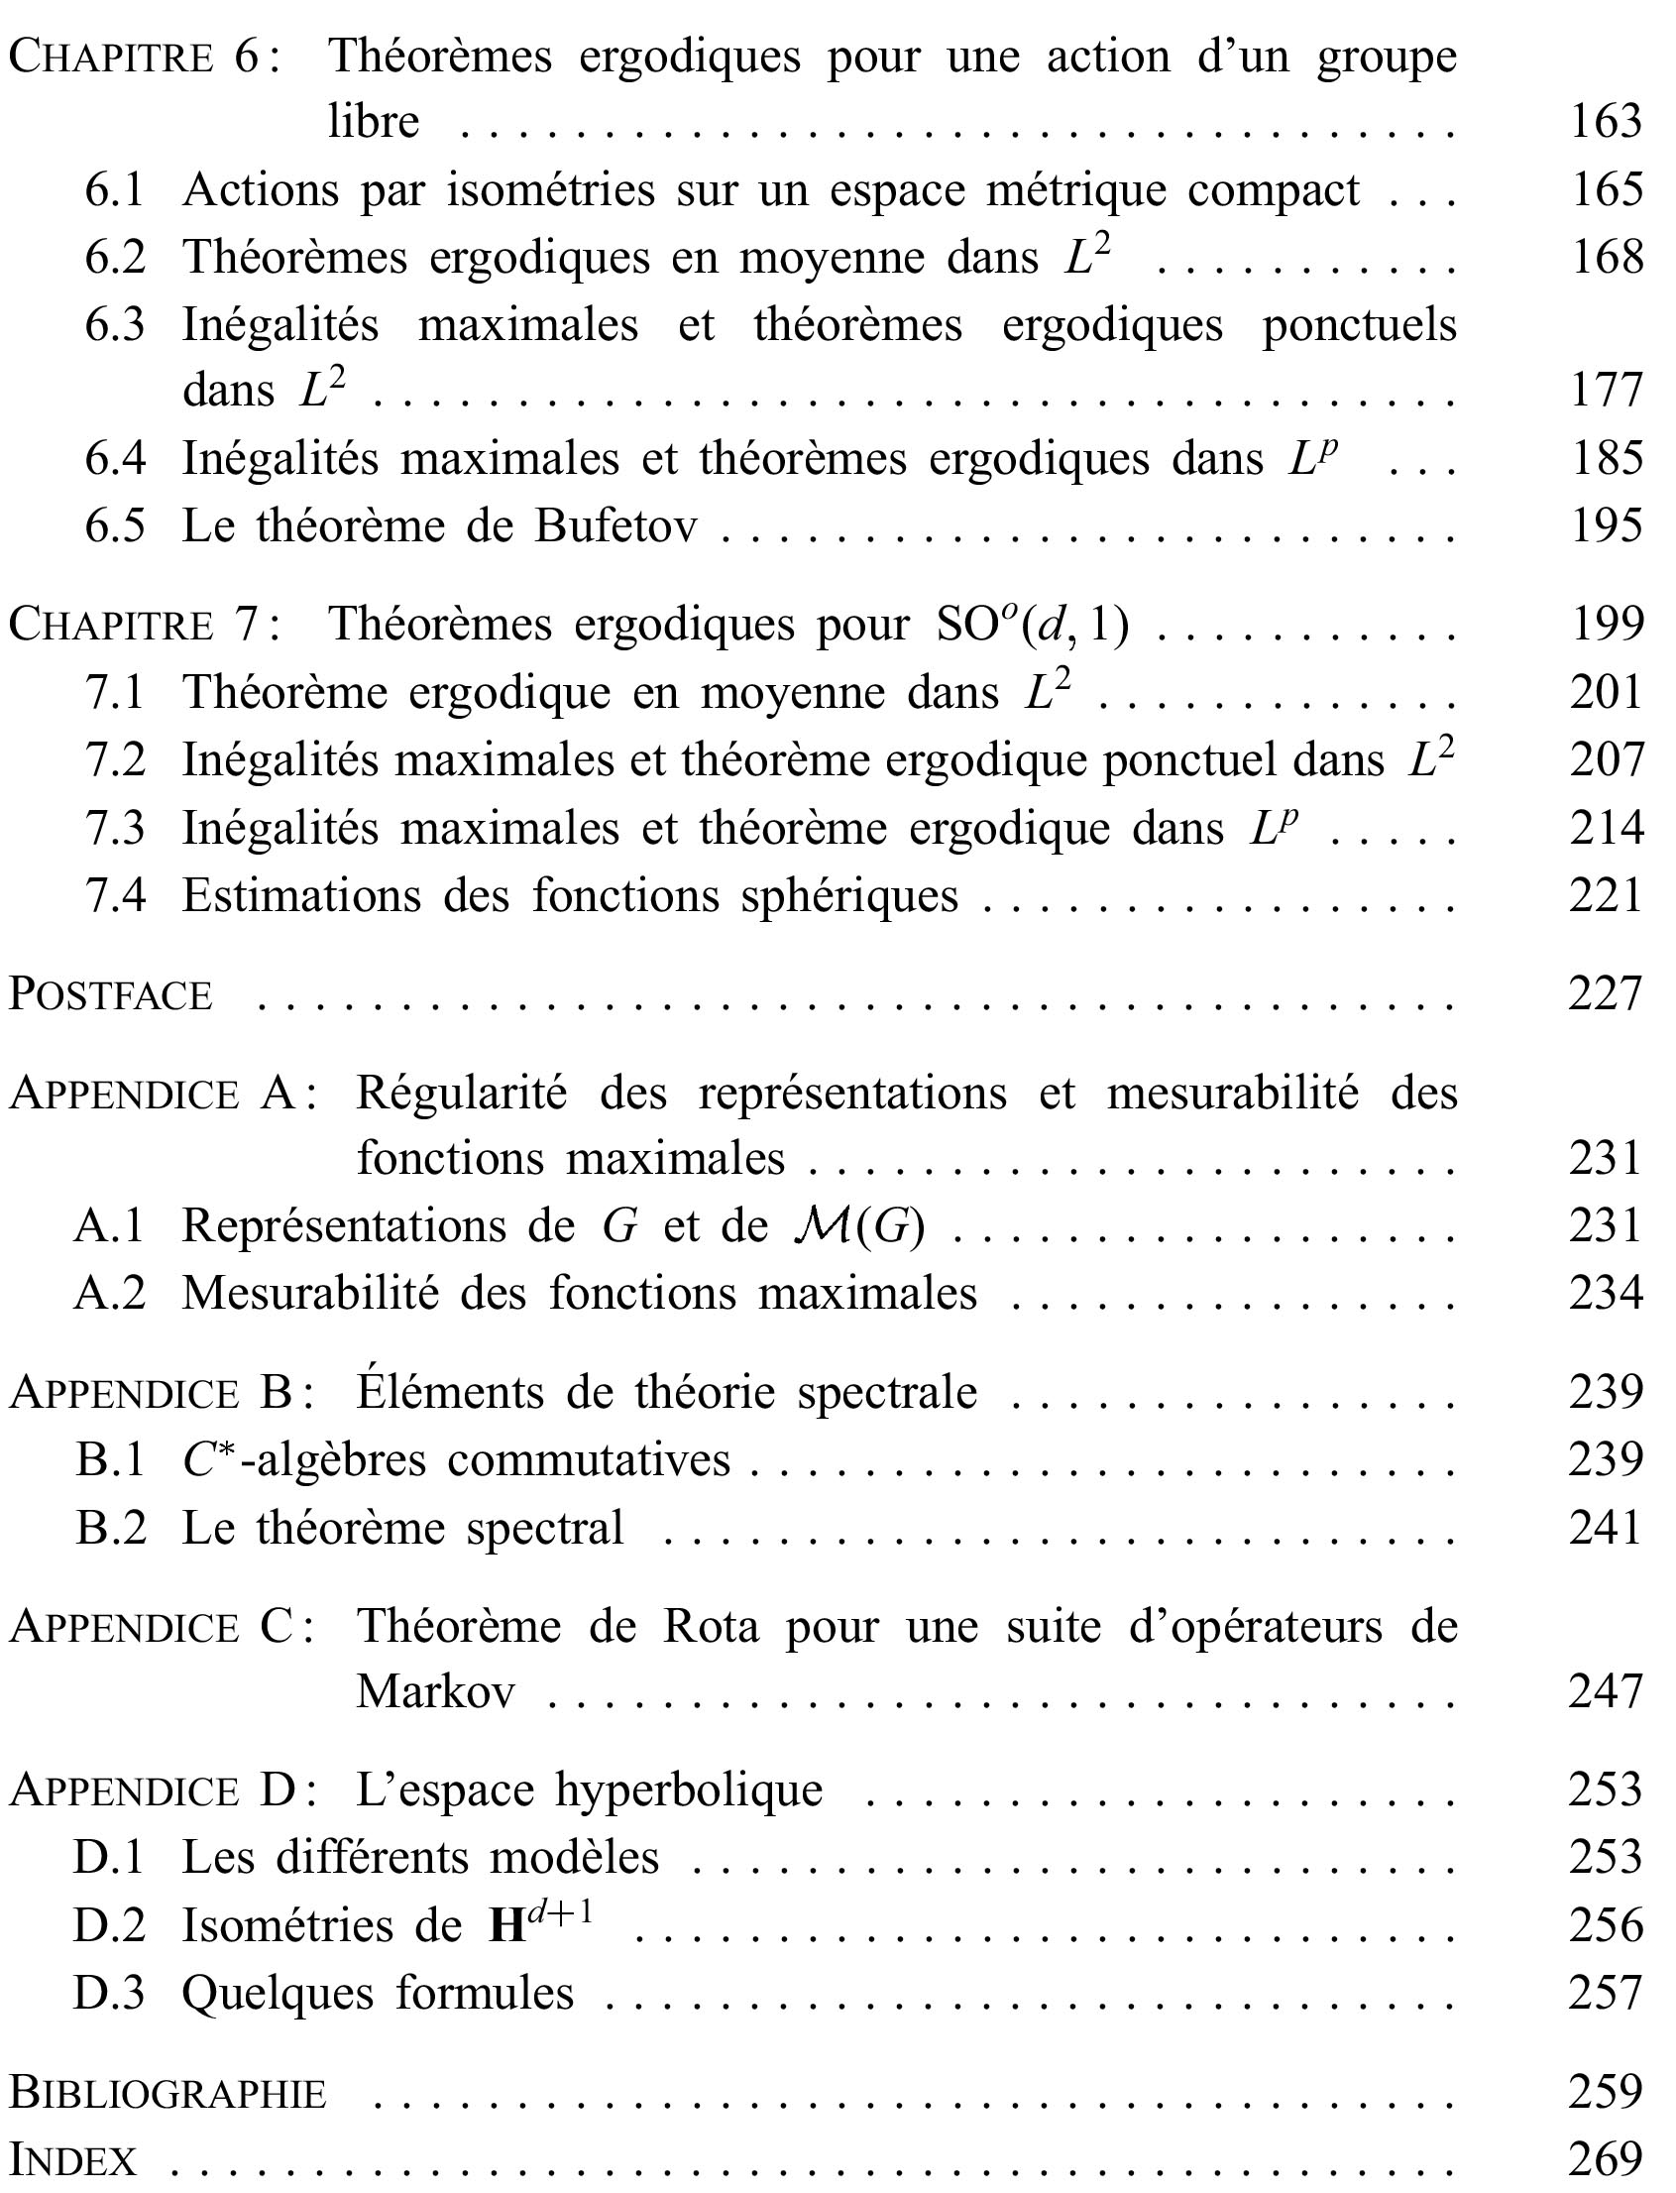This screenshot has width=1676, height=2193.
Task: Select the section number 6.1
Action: (x=115, y=190)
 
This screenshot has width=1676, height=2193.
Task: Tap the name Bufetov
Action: (x=615, y=526)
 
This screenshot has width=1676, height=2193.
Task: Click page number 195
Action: (x=1607, y=526)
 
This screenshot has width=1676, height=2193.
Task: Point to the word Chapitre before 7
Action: (x=112, y=626)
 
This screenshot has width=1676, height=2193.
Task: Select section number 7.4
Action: (x=115, y=895)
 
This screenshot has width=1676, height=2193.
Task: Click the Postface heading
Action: (x=112, y=994)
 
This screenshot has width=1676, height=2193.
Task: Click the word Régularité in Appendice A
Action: (x=462, y=1094)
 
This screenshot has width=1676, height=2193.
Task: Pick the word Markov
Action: (x=436, y=1692)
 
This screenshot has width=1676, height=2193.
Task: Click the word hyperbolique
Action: (x=690, y=1790)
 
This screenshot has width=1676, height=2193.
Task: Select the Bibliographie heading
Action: (x=168, y=2091)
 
